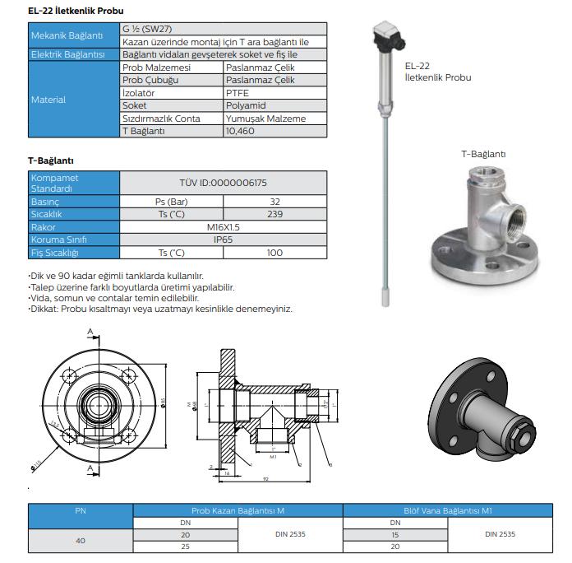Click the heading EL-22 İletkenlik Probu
pyautogui.click(x=76, y=11)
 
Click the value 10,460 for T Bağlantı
pyautogui.click(x=240, y=131)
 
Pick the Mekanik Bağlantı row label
pyautogui.click(x=67, y=36)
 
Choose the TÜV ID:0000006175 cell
pyautogui.click(x=223, y=183)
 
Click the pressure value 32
pyautogui.click(x=275, y=202)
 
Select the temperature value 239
pyautogui.click(x=275, y=214)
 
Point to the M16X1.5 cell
pyautogui.click(x=223, y=227)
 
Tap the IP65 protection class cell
pyautogui.click(x=223, y=240)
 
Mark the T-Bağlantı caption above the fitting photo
pyautogui.click(x=482, y=154)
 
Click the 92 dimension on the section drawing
pyautogui.click(x=268, y=477)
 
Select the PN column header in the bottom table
pyautogui.click(x=81, y=510)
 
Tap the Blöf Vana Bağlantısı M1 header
pyautogui.click(x=449, y=510)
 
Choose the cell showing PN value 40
pyautogui.click(x=81, y=541)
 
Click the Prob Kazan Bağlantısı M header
pyautogui.click(x=238, y=510)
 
